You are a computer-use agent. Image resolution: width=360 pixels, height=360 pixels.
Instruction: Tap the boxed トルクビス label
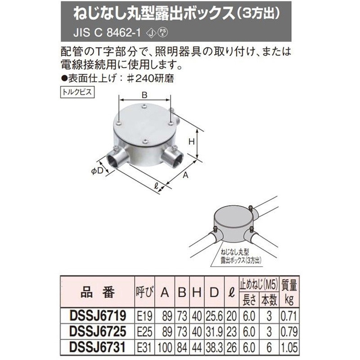(x=74, y=90)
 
